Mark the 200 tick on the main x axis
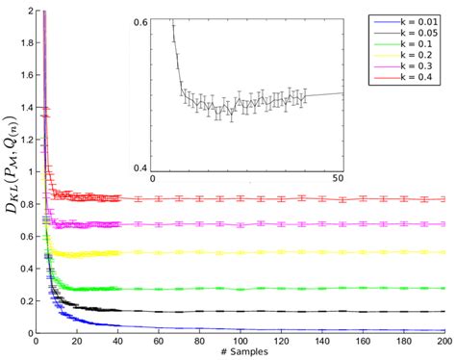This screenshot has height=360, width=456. pyautogui.click(x=443, y=341)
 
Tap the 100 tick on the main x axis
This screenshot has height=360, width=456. pyautogui.click(x=240, y=341)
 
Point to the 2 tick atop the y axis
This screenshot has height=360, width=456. pyautogui.click(x=28, y=11)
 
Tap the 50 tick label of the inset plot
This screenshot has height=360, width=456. pyautogui.click(x=339, y=179)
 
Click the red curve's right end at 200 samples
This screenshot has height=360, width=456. pyautogui.click(x=443, y=199)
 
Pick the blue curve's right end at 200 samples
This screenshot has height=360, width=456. pyautogui.click(x=443, y=330)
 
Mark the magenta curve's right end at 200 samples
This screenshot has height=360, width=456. pyautogui.click(x=443, y=223)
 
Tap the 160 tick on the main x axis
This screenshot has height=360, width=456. pyautogui.click(x=362, y=341)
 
